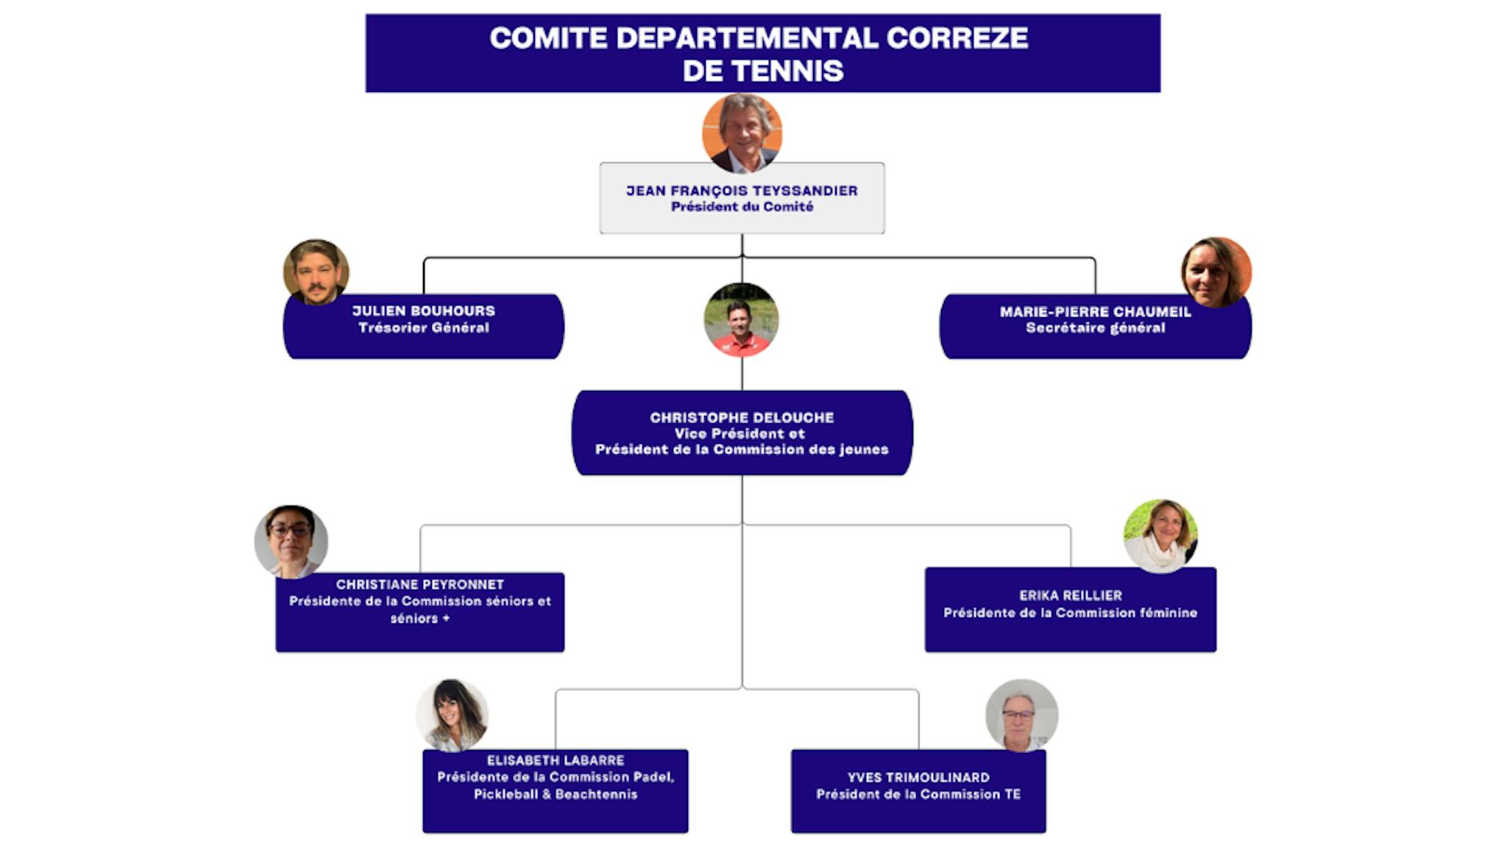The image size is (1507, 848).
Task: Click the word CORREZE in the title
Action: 957,38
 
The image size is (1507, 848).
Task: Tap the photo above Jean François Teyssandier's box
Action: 742,133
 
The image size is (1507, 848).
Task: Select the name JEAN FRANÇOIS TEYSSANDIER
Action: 742,191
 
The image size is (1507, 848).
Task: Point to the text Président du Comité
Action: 742,207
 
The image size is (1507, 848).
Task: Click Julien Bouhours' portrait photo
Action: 316,272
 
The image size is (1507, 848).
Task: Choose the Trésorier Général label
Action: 423,328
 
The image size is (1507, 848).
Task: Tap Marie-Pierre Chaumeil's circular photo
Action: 1216,272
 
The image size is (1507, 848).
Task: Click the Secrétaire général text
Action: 1095,328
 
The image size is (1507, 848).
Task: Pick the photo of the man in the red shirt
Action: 741,319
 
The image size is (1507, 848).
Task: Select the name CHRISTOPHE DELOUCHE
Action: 742,417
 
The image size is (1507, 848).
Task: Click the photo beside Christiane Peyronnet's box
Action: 291,541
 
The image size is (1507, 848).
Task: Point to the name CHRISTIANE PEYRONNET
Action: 420,584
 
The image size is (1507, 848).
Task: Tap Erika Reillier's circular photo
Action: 1160,536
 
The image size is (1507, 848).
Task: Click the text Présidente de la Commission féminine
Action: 1070,612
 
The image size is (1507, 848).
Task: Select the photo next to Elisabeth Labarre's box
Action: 453,715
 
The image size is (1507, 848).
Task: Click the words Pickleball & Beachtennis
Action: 556,794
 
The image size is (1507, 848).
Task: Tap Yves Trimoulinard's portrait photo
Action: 1021,715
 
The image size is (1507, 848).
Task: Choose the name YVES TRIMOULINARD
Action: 918,777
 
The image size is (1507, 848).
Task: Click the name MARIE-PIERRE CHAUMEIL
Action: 1095,311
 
